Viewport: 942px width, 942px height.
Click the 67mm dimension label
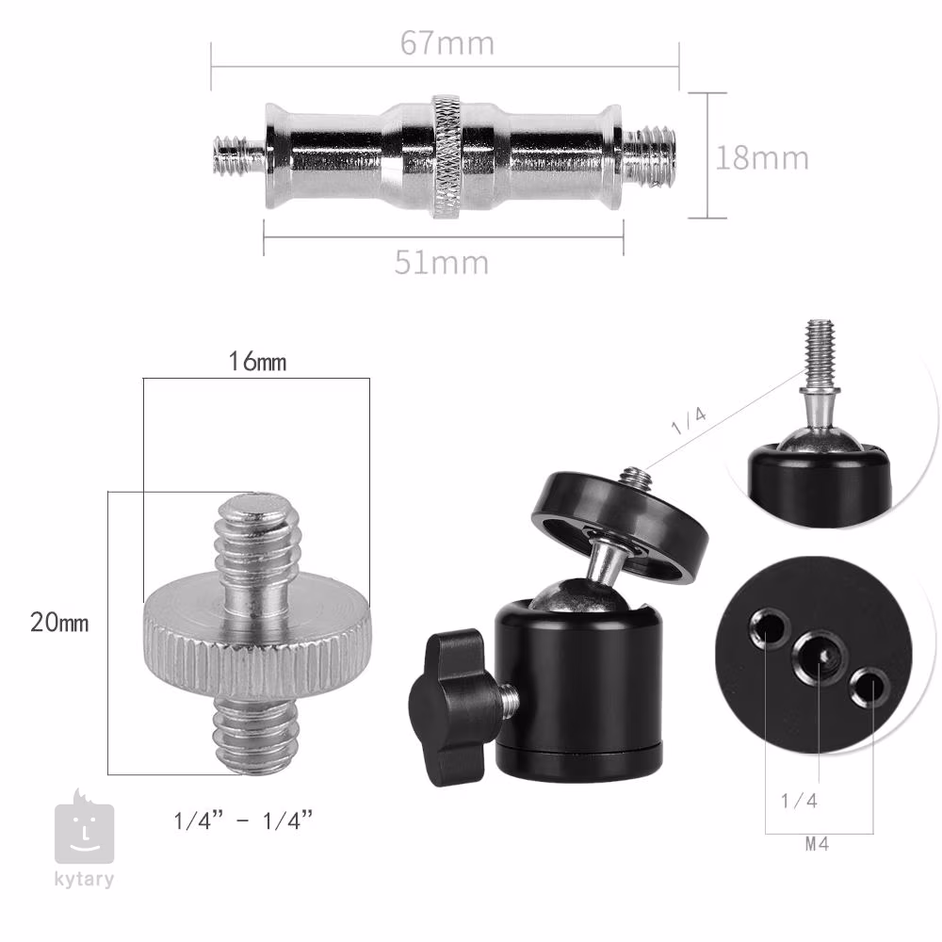point(447,43)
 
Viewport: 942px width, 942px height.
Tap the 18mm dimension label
point(762,158)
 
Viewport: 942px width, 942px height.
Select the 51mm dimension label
point(442,263)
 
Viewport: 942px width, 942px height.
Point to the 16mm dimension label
point(257,361)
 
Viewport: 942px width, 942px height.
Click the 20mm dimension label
point(59,623)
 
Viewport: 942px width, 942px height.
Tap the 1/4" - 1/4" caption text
point(243,820)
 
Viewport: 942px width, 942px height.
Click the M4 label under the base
point(817,844)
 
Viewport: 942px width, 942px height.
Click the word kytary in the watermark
point(84,880)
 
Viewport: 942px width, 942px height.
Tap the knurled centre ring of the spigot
point(447,155)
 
